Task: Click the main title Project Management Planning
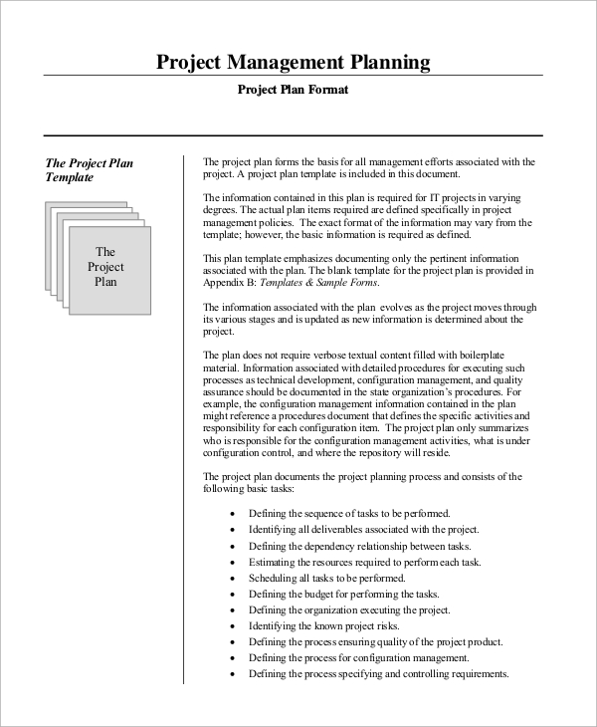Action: [294, 63]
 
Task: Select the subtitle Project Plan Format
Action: [293, 91]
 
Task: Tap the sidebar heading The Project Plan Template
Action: [90, 170]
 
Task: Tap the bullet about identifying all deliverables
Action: [364, 529]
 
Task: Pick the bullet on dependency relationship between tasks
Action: [359, 546]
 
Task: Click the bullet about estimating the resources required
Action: [364, 562]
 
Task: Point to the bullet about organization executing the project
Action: [349, 609]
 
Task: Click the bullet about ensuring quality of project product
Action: [375, 641]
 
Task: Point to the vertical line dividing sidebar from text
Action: [184, 418]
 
